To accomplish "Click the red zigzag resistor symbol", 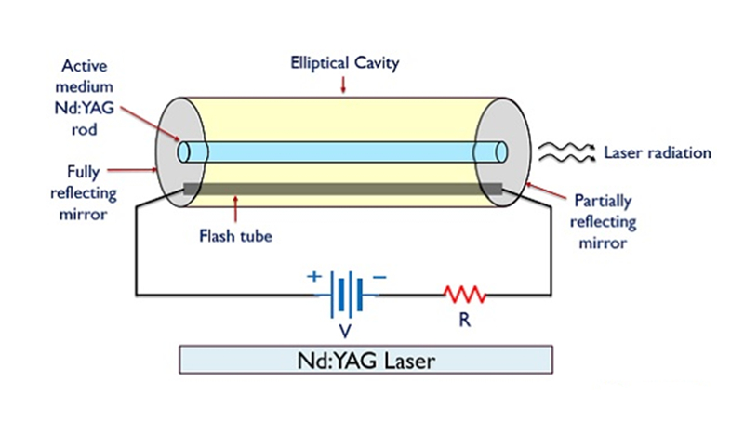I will click(x=464, y=296).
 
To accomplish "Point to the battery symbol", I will click(x=349, y=295).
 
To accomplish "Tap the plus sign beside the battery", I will click(x=312, y=276).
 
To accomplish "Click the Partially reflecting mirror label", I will click(x=605, y=222).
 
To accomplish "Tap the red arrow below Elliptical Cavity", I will click(x=344, y=85).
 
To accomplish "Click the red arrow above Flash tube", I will click(x=240, y=207).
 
